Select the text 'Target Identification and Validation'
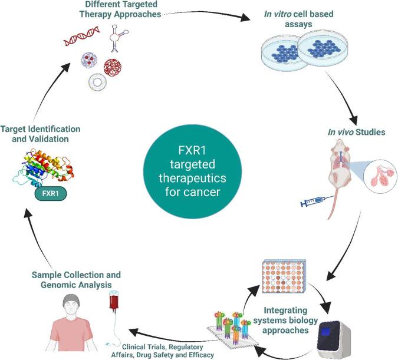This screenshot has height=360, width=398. tap(40, 133)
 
